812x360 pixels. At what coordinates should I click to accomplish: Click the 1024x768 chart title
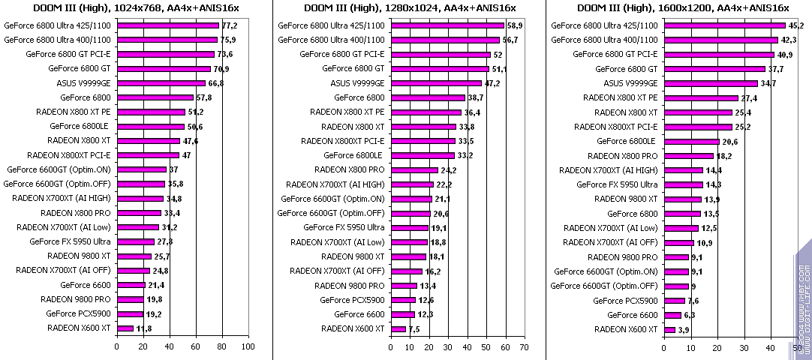(x=136, y=7)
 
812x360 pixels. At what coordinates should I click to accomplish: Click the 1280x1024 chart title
(x=410, y=7)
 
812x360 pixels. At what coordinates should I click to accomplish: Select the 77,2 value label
(x=228, y=25)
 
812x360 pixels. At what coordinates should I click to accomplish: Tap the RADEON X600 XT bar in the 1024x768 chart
(x=125, y=328)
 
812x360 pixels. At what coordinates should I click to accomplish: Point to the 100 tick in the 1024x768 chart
(x=247, y=347)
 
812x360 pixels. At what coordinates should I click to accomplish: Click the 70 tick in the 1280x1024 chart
(x=524, y=347)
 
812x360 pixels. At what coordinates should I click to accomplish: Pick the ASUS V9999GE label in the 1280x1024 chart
(x=357, y=83)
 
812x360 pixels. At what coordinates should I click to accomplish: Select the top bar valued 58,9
(x=447, y=25)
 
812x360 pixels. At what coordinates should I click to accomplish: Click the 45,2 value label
(x=795, y=25)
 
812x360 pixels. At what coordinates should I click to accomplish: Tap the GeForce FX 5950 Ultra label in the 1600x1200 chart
(x=617, y=184)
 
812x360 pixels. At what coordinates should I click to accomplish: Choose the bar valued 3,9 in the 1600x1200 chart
(x=669, y=329)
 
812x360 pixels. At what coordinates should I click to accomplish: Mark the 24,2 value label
(x=450, y=170)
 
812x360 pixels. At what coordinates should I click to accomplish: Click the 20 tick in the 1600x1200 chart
(x=717, y=347)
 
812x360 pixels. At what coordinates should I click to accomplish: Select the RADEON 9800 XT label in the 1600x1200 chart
(x=626, y=199)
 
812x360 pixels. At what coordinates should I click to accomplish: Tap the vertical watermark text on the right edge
(x=802, y=300)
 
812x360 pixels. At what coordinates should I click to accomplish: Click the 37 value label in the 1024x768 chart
(x=173, y=170)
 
